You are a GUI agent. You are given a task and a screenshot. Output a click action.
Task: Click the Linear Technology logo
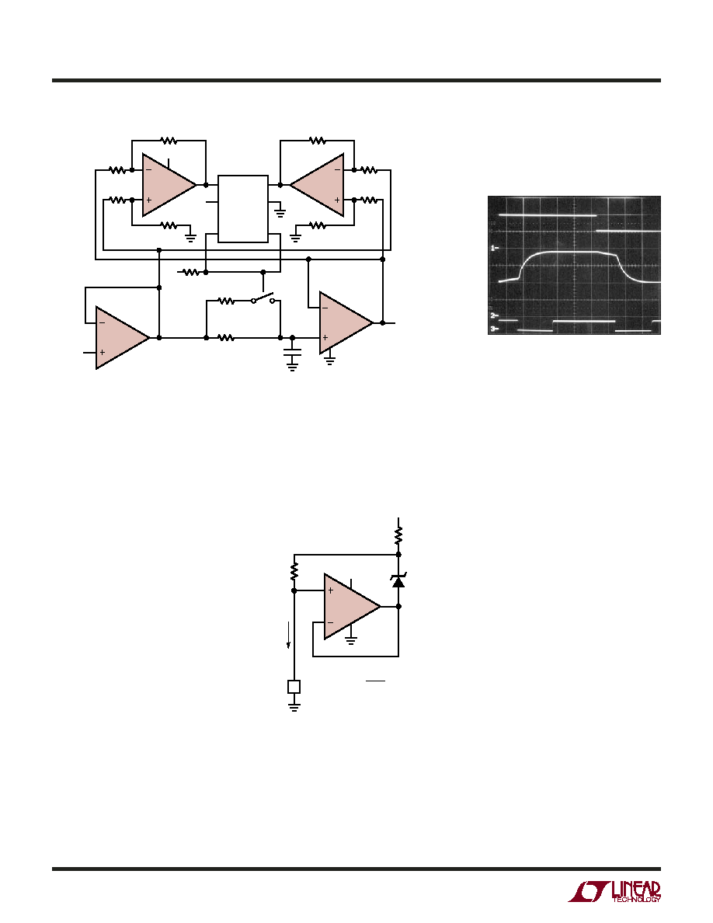pos(614,891)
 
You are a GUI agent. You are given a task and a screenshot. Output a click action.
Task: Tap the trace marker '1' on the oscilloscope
pos(494,249)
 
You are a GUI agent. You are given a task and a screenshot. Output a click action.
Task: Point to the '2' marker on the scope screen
pos(494,316)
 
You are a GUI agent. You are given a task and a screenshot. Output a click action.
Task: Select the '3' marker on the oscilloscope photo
pos(494,328)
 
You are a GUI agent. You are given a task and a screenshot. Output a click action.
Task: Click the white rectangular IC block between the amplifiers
pos(243,208)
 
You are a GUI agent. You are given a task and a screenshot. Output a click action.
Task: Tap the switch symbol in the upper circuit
pos(263,298)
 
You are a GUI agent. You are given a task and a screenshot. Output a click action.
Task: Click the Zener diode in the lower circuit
pos(399,581)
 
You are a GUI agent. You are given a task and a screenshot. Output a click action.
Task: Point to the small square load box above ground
pos(294,686)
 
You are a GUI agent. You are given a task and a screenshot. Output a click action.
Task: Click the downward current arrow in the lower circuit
pos(288,634)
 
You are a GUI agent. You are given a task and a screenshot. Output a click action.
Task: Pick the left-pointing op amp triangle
pos(317,185)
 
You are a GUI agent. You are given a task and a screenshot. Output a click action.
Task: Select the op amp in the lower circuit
pos(353,606)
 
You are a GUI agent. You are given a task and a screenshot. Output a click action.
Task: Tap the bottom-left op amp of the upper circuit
pos(123,338)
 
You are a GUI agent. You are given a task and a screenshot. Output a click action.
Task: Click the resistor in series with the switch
pos(227,301)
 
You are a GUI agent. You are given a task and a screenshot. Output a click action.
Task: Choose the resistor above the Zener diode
pos(399,535)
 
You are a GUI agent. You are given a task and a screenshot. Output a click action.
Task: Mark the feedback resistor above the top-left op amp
pos(169,141)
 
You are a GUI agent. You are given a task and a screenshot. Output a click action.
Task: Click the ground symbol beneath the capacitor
pos(292,366)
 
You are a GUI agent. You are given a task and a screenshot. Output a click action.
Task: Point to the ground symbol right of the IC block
pos(280,213)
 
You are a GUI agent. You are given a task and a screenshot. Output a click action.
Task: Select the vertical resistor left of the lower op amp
pos(294,571)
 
